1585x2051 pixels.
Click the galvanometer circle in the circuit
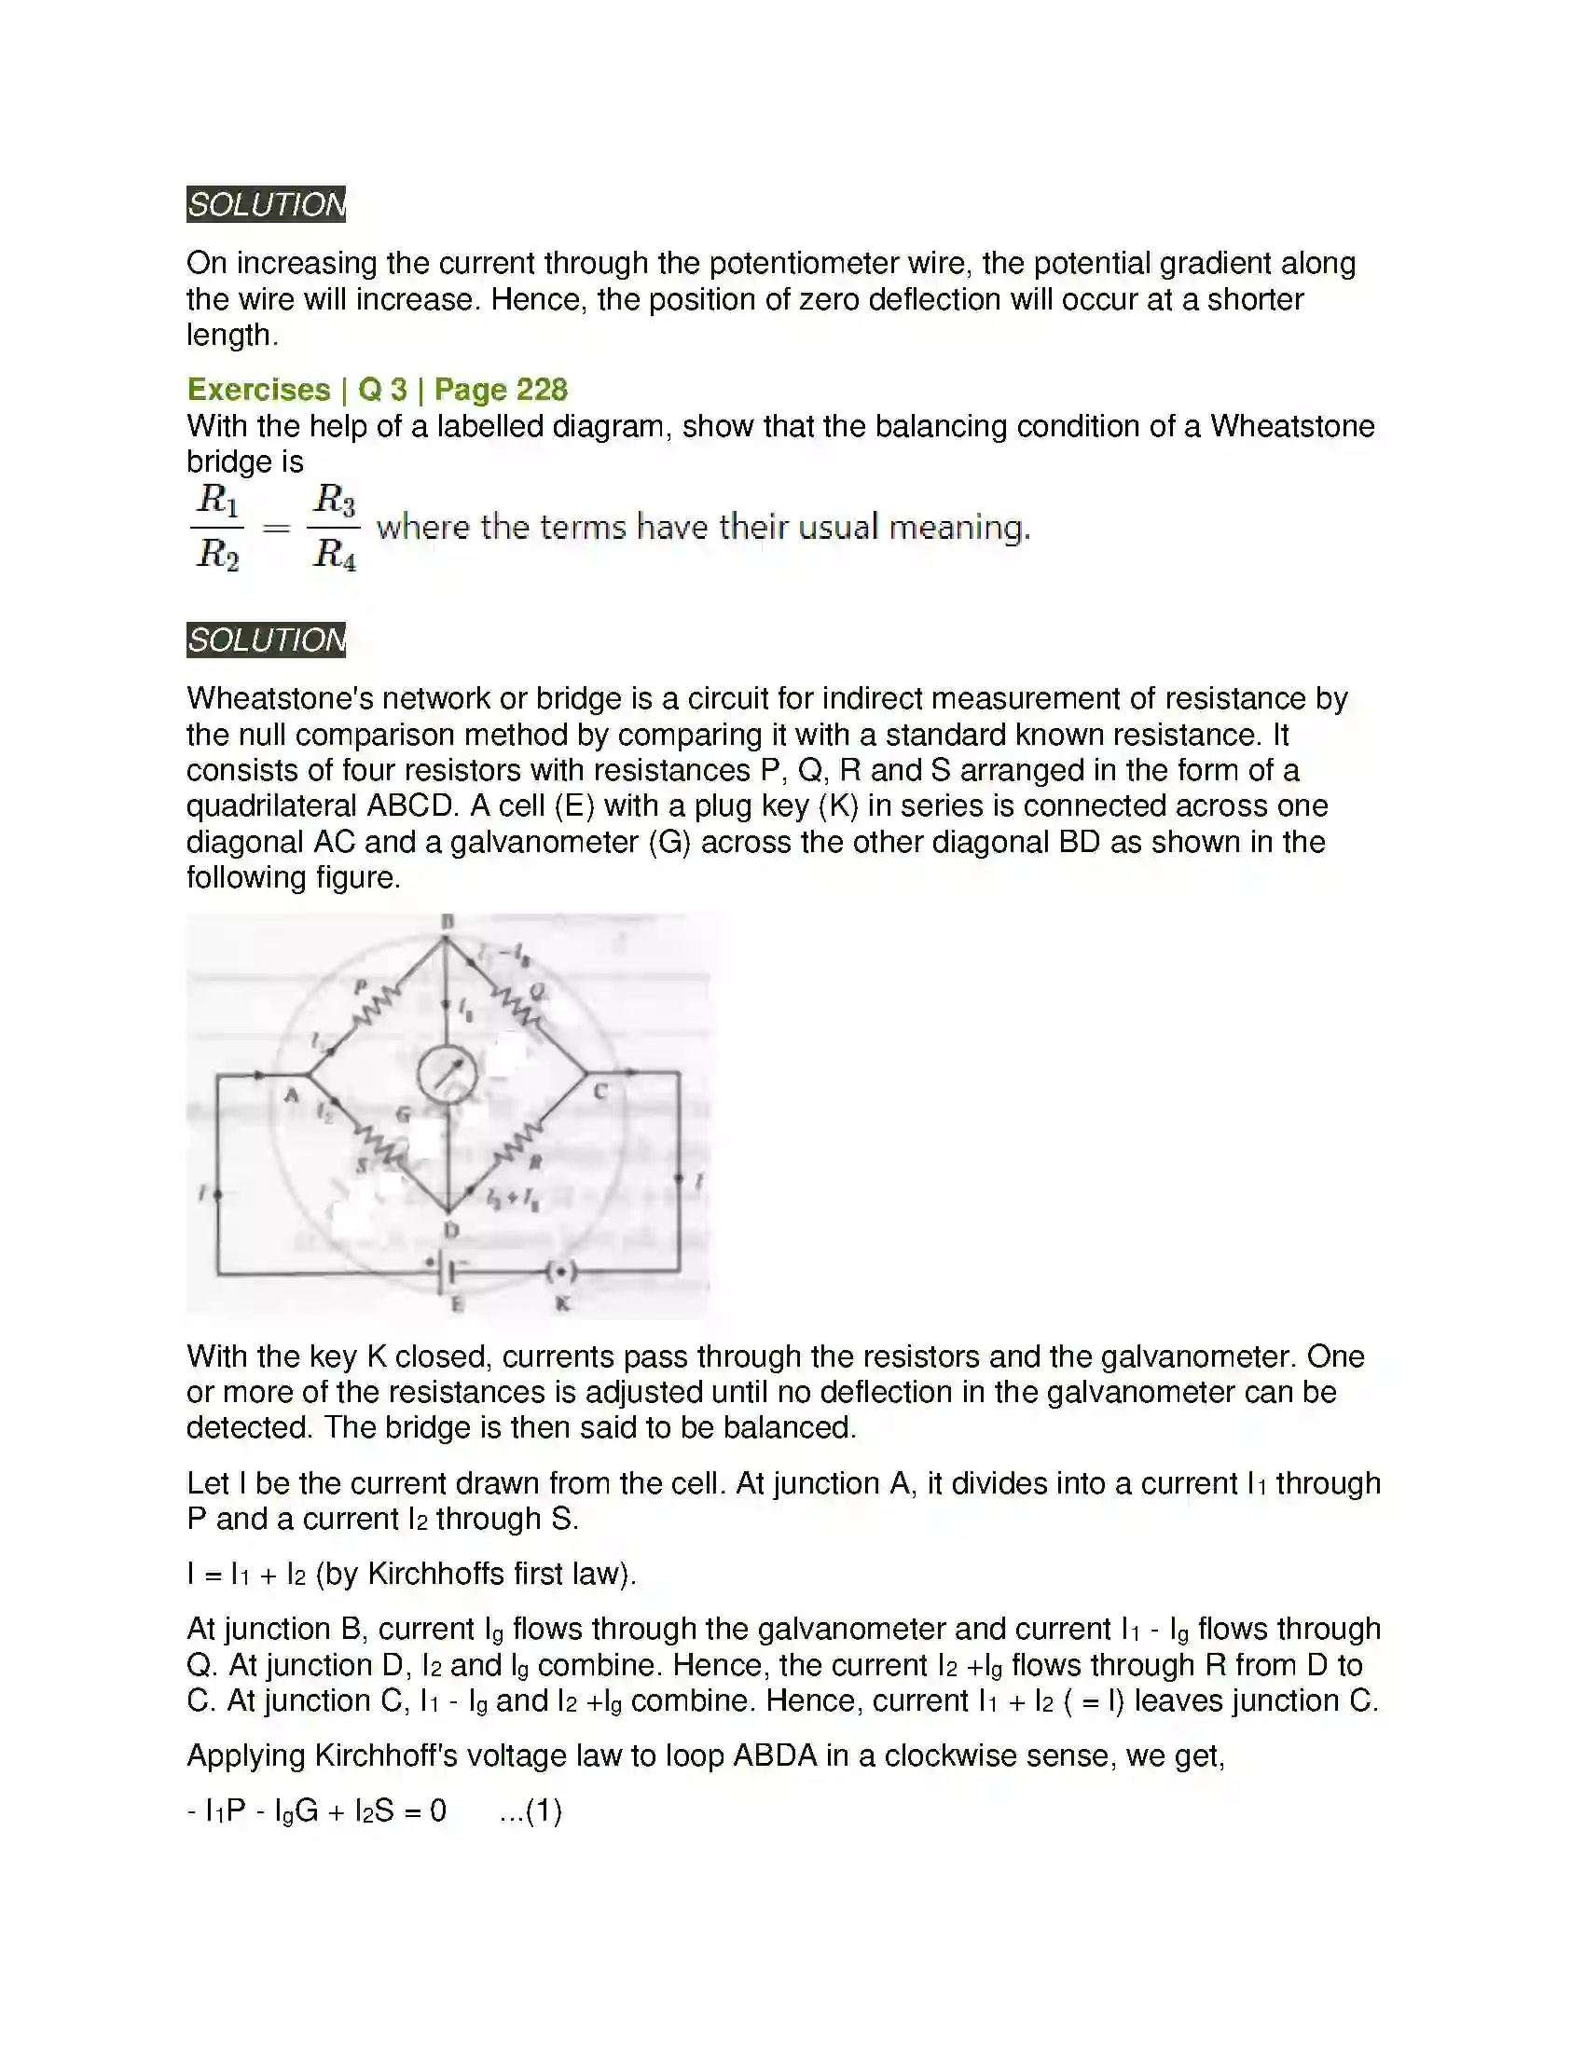(x=447, y=1074)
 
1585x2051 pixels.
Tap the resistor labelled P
(x=377, y=1009)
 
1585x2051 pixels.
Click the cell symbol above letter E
(x=446, y=1273)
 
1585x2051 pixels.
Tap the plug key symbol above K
(x=561, y=1273)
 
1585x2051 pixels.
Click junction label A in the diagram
(x=291, y=1095)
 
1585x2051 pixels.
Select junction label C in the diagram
(x=601, y=1092)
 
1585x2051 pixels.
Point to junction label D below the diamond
(x=450, y=1231)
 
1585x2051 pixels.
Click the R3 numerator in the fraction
(x=335, y=499)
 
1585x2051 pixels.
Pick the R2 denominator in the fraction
(x=217, y=554)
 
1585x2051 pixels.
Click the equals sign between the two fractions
(x=275, y=528)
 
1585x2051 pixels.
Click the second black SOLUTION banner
(x=266, y=640)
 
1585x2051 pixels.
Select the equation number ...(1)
(x=531, y=1810)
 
